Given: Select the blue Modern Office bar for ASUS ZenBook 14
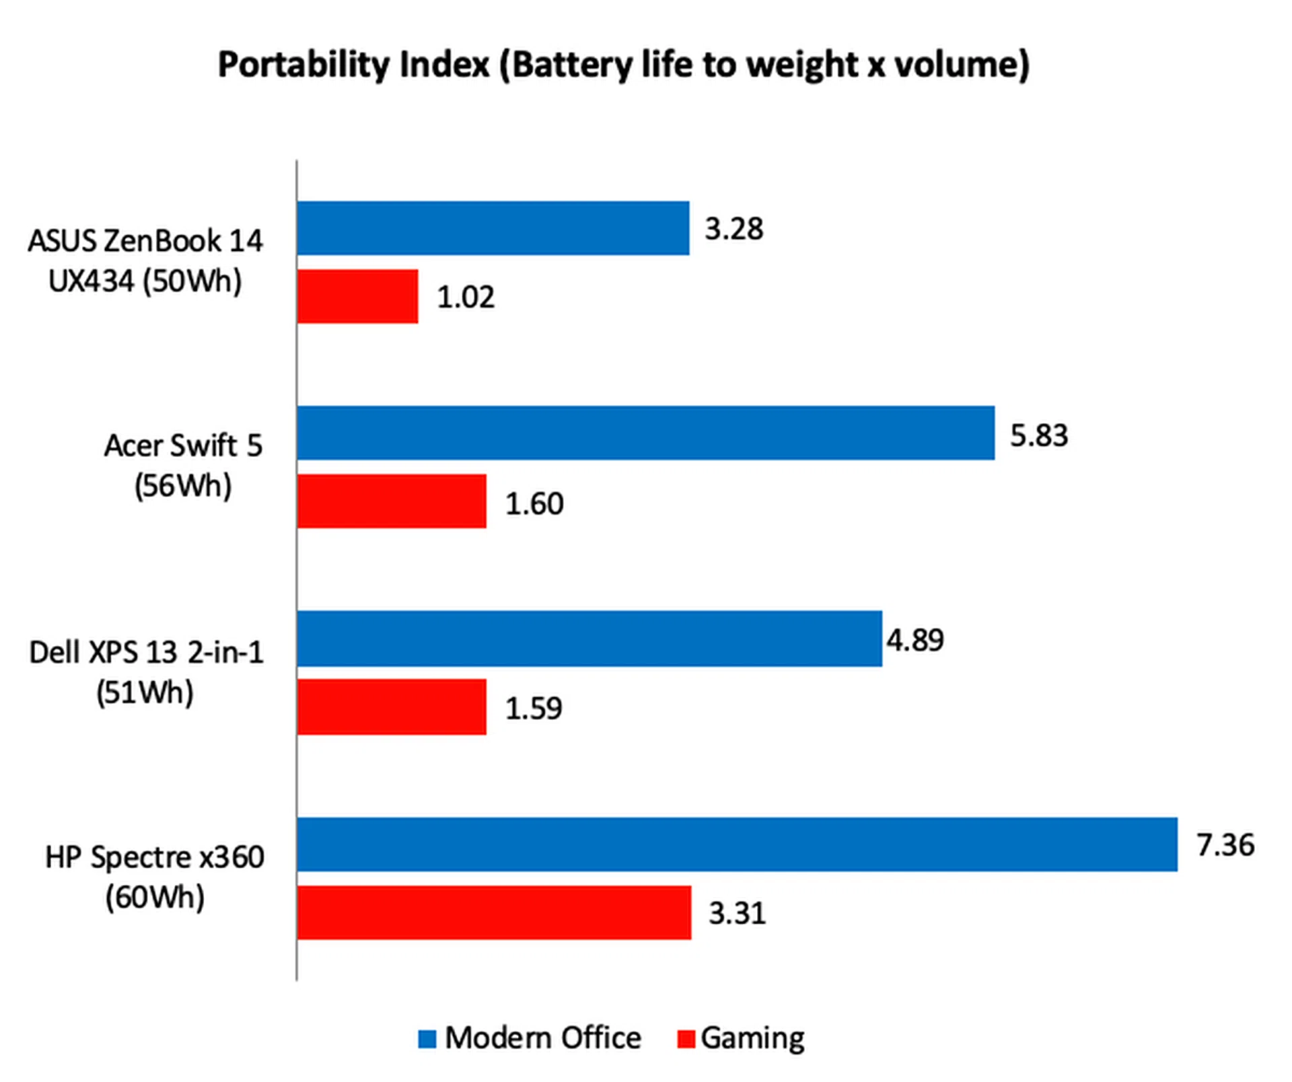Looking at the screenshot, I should (493, 228).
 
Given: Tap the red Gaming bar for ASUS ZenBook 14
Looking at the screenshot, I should (357, 297).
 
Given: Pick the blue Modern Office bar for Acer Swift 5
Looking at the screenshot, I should (645, 433).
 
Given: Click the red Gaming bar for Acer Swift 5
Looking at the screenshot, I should (392, 501).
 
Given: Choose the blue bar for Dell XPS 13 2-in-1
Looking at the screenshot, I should (589, 639).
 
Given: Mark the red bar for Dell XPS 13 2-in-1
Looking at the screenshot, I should (392, 707).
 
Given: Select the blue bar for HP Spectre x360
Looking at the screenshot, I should (737, 844).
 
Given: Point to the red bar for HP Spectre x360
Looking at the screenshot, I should (494, 912).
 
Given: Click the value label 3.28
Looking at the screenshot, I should (733, 229).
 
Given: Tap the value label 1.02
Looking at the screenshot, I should (466, 297).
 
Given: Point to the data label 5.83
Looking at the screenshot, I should (1038, 435).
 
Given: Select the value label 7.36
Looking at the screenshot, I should (1225, 844).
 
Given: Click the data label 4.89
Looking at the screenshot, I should (915, 639).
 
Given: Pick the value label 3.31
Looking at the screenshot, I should (737, 913).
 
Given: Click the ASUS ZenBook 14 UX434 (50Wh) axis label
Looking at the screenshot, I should (145, 261).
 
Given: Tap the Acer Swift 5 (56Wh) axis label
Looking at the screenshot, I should (183, 466).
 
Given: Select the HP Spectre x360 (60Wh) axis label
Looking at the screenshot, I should (155, 877).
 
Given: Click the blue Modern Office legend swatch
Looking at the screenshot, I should (427, 1039).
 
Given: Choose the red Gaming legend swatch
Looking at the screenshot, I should (685, 1039).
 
